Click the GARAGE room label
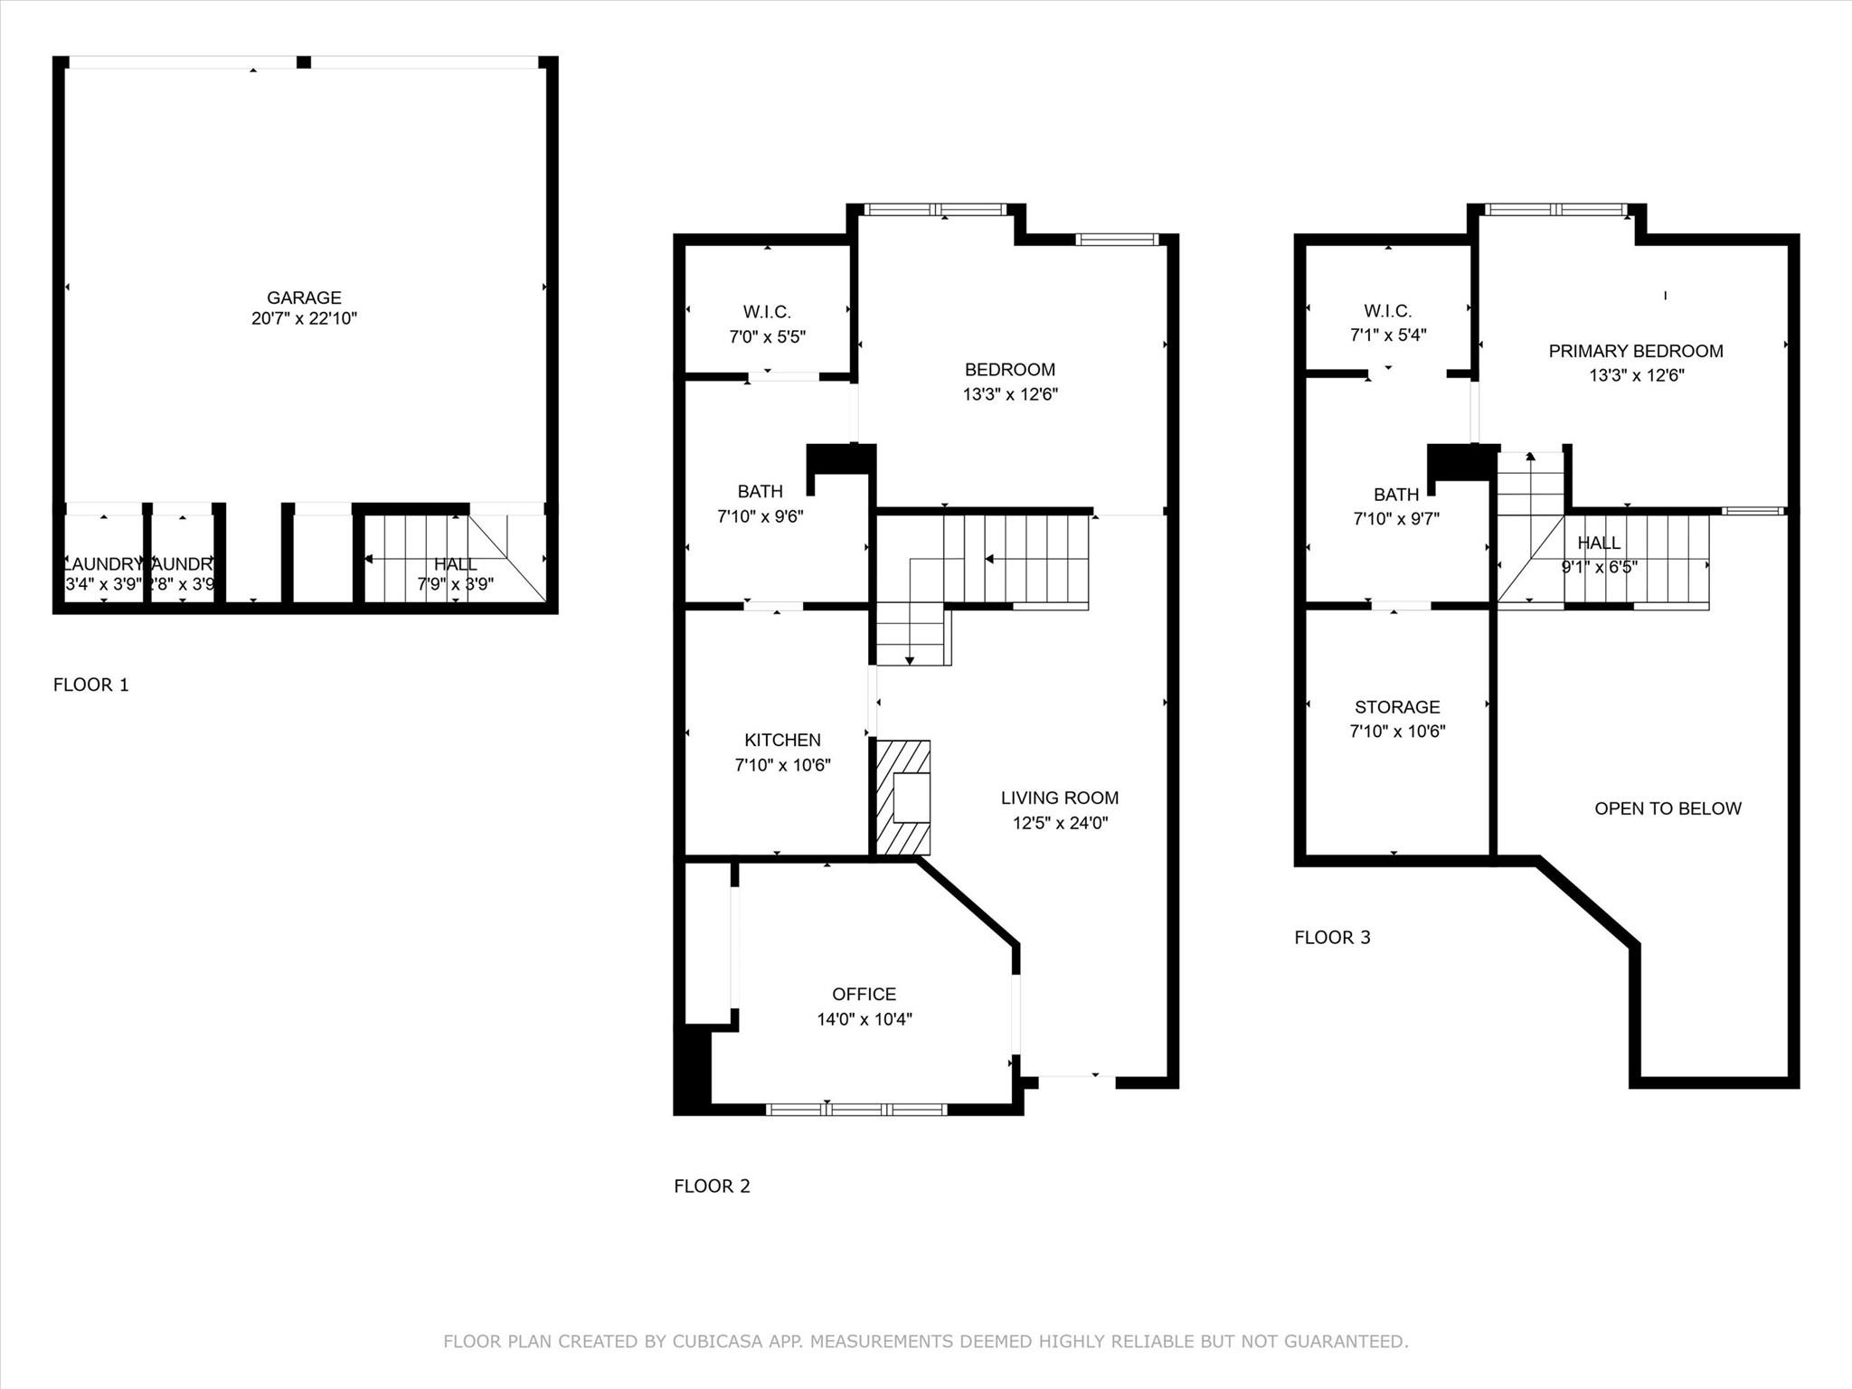tap(304, 298)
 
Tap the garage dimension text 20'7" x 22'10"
tap(304, 318)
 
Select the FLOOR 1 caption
tap(90, 685)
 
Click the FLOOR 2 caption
tap(712, 1186)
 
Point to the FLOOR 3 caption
tap(1332, 937)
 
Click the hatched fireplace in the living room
tap(903, 797)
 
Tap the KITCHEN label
tap(782, 740)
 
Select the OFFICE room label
tap(864, 994)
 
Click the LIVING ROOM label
tap(1059, 798)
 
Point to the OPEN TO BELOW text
tap(1668, 808)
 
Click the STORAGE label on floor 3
tap(1397, 707)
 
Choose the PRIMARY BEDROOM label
tap(1635, 351)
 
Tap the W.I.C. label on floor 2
tap(767, 312)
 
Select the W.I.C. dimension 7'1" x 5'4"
tap(1388, 335)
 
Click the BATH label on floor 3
tap(1396, 495)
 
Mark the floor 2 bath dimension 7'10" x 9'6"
tap(760, 516)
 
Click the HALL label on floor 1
tap(455, 564)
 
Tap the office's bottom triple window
tap(856, 1109)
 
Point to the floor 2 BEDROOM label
tap(1009, 369)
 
